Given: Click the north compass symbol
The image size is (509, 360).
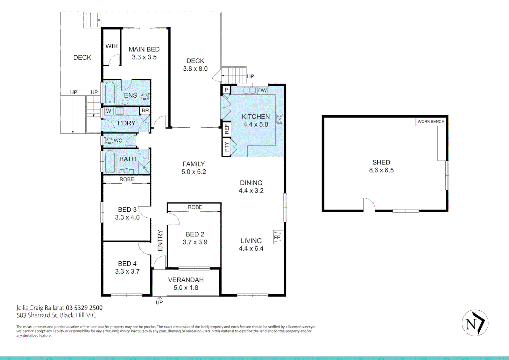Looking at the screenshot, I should [475, 323].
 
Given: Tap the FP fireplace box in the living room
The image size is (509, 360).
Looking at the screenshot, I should [277, 237].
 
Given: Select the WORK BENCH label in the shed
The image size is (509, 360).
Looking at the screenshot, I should [431, 121].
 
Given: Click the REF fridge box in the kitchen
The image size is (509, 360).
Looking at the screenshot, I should [227, 129].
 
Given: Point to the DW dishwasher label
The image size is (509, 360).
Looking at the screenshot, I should [262, 90].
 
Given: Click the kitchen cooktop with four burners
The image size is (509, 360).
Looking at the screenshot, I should [279, 119].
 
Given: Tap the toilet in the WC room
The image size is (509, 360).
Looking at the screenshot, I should [109, 141].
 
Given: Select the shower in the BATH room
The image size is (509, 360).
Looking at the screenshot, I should [144, 167].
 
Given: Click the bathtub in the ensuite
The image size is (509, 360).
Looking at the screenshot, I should [110, 93].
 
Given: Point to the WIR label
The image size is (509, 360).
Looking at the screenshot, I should [112, 46].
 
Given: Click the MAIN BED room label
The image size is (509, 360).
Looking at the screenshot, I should [144, 49].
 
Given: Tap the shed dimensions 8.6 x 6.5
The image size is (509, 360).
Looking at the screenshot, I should [381, 170].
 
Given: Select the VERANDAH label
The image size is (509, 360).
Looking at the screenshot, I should [186, 280].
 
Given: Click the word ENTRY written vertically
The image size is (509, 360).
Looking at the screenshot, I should [160, 240].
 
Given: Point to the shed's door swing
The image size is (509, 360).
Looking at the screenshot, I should [369, 205].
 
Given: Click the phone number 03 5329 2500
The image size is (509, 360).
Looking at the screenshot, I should [84, 308].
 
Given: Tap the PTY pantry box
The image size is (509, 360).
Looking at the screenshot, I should [227, 147].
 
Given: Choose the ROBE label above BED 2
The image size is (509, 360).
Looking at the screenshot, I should [195, 207].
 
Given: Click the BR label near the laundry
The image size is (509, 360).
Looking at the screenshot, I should [145, 111].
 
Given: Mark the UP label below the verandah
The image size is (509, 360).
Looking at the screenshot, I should [159, 302].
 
